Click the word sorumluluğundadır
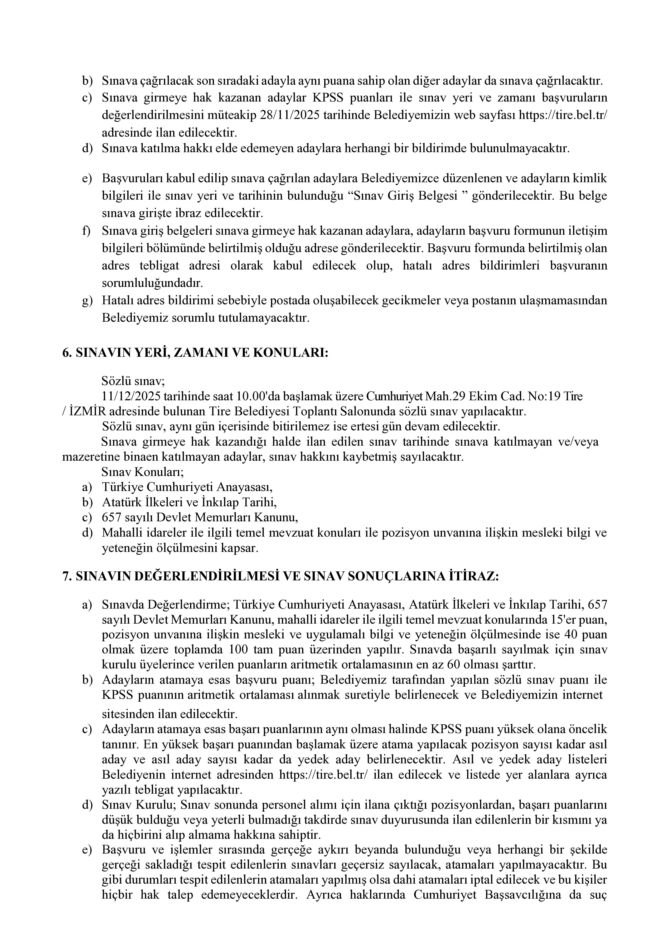[x=152, y=283]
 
